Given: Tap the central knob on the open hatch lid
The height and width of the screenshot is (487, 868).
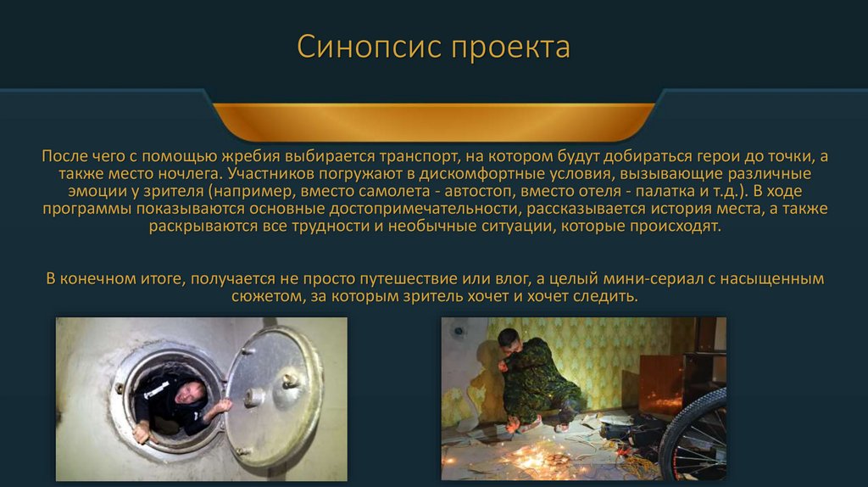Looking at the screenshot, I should [255, 397].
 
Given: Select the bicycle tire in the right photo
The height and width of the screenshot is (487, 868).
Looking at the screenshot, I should [694, 434].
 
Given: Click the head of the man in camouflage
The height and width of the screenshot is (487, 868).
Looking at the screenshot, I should [509, 339].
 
